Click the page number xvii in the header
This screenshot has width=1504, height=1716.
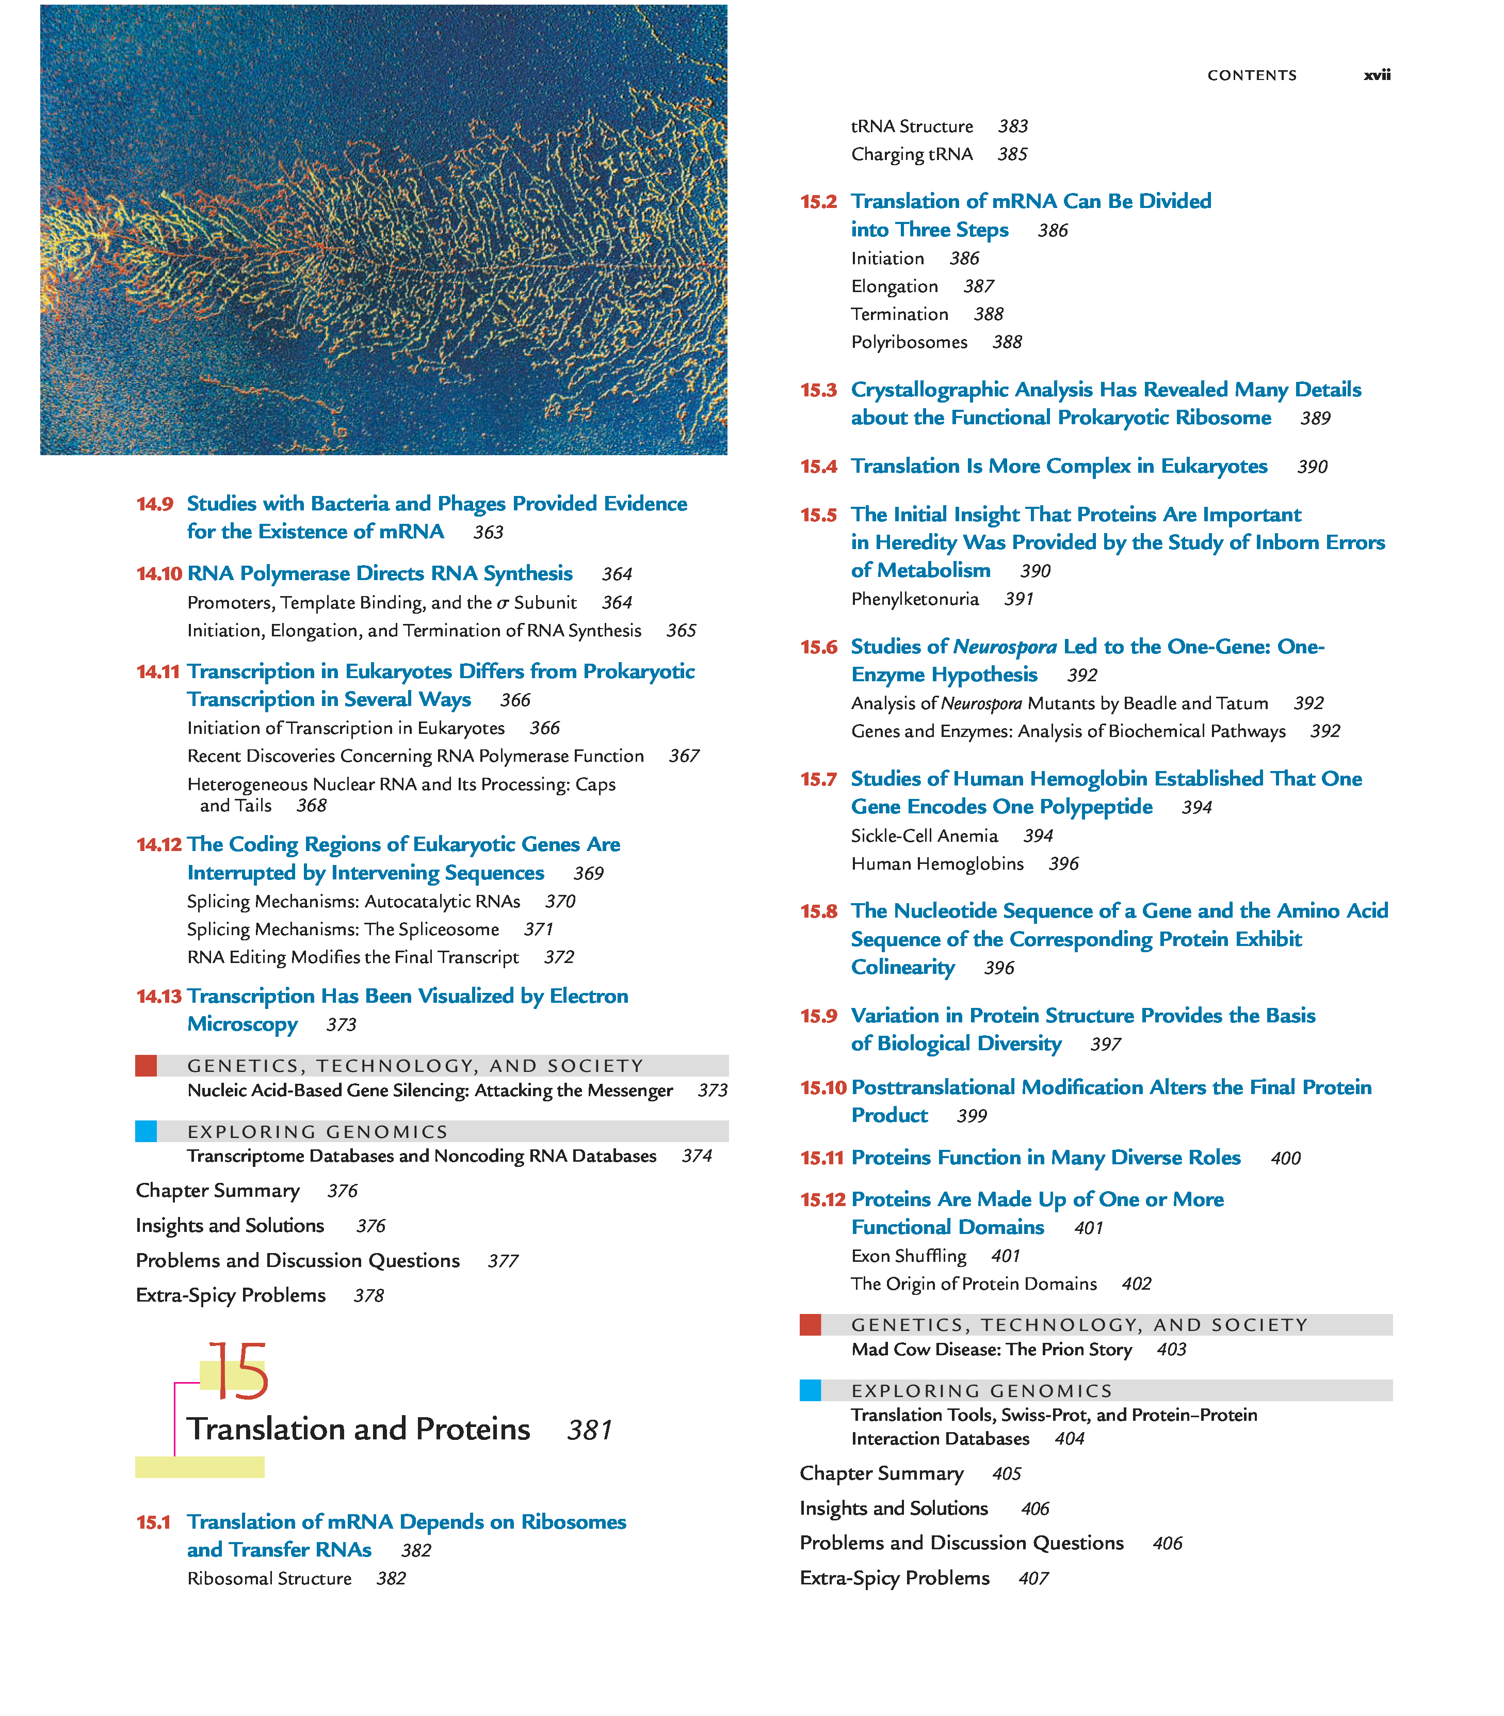click(x=1377, y=75)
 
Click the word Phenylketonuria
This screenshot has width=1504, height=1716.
click(x=915, y=599)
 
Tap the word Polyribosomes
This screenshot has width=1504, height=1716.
click(x=909, y=343)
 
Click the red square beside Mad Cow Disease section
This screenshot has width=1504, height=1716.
click(x=810, y=1325)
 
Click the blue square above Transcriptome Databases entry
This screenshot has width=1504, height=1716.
click(x=146, y=1132)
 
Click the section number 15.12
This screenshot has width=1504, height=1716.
click(x=822, y=1200)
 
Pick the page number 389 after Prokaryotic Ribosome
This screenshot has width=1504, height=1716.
click(x=1315, y=418)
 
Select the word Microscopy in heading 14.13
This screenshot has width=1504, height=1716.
click(x=242, y=1024)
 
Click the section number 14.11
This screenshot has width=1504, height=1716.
click(x=158, y=671)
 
